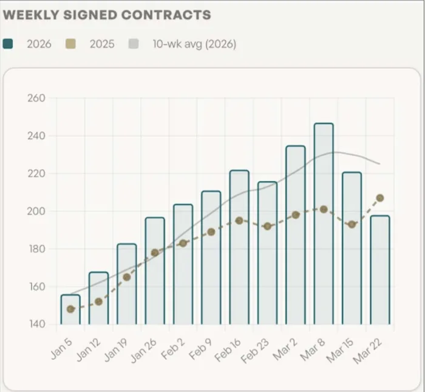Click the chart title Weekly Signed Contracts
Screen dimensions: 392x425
pos(107,15)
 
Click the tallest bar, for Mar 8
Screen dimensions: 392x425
pos(324,225)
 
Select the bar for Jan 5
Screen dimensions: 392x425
pos(70,310)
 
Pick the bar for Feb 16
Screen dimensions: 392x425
pos(239,249)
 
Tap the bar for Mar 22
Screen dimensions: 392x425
pos(380,270)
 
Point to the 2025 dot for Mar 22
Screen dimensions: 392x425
pos(380,198)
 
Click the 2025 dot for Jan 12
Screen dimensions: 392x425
pos(98,301)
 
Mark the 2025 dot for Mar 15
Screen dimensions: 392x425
pos(352,225)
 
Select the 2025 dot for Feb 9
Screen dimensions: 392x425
pos(211,232)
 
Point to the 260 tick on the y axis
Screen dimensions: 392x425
pos(38,98)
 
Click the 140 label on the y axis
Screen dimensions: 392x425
pos(38,325)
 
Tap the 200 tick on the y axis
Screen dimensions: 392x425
pos(38,211)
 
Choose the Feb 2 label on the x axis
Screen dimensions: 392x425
pos(171,349)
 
